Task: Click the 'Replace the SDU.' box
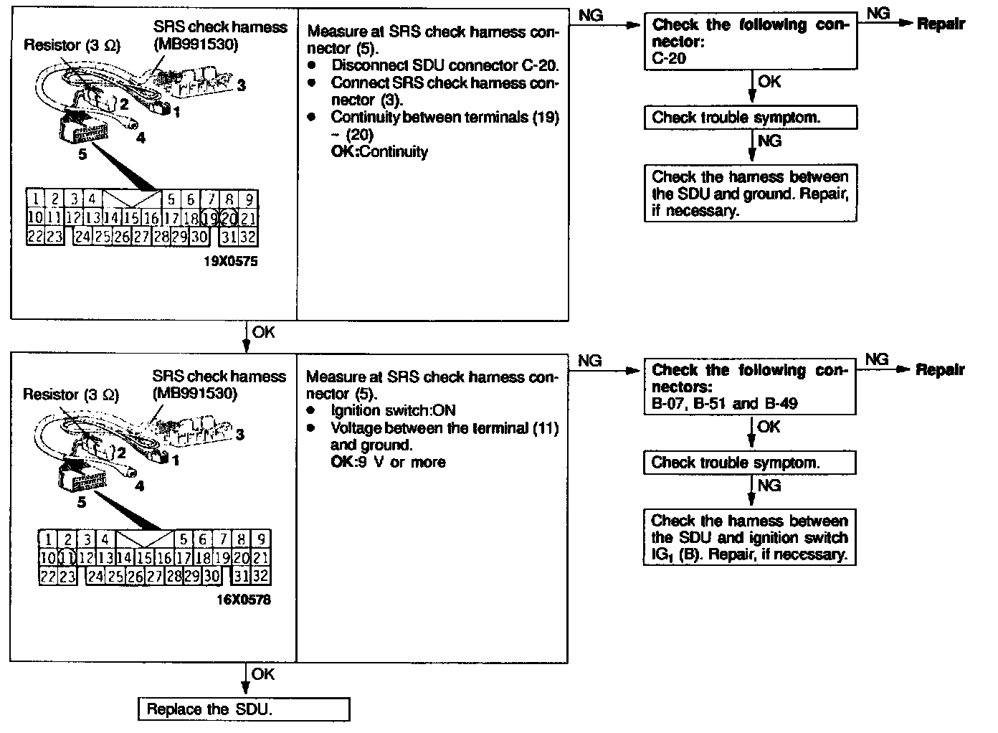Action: point(244,709)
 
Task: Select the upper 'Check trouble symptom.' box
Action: point(751,118)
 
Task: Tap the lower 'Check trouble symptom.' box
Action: point(749,463)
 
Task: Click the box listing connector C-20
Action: point(751,42)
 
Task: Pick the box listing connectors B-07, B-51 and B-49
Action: point(749,387)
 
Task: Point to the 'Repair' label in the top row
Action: point(941,24)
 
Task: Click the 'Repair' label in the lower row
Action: point(940,369)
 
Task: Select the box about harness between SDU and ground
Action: point(751,194)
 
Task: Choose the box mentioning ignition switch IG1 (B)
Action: point(749,538)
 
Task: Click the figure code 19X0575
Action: point(231,262)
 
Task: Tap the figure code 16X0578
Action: point(244,600)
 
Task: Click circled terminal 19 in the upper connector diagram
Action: point(209,217)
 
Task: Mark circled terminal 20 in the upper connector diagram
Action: point(229,217)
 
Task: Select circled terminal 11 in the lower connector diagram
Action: point(67,557)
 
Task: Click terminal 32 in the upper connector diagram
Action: point(248,236)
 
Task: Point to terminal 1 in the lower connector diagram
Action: point(48,539)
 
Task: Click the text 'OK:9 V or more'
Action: point(388,462)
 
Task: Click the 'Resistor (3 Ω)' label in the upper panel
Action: point(72,45)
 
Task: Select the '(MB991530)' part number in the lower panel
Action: point(194,393)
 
